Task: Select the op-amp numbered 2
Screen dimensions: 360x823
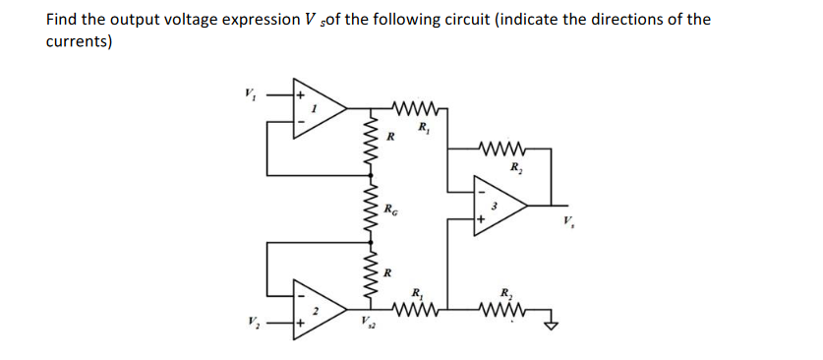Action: [317, 309]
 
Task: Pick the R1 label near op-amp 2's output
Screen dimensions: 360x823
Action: [417, 292]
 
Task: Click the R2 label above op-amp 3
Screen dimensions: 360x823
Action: [512, 168]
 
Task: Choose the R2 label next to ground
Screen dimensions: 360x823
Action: [504, 292]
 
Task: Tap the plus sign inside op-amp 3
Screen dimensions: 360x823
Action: [481, 219]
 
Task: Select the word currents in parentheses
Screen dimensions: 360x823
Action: [79, 42]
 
